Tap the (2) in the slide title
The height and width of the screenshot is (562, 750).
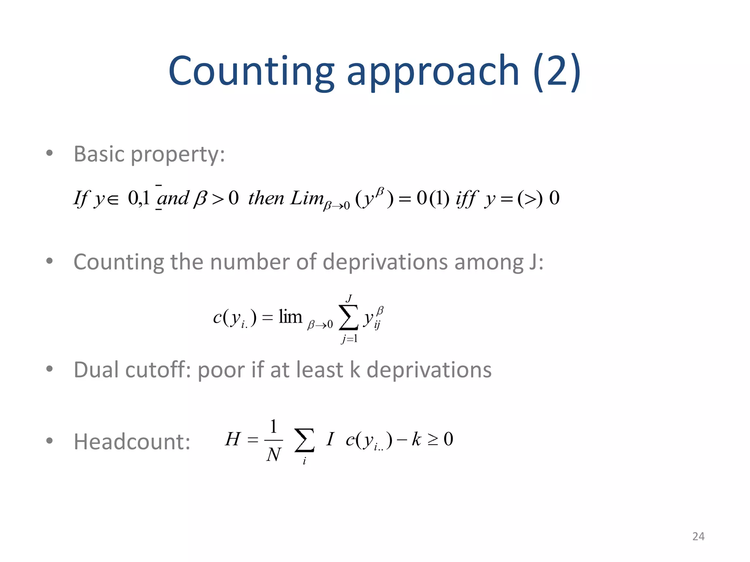pyautogui.click(x=557, y=71)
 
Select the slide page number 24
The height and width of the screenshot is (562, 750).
pyautogui.click(x=698, y=536)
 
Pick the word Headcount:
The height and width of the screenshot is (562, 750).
pyautogui.click(x=132, y=442)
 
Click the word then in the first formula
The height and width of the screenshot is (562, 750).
pyautogui.click(x=266, y=198)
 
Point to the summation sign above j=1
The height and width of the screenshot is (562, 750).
pyautogui.click(x=348, y=317)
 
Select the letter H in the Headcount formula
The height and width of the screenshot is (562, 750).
pyautogui.click(x=233, y=439)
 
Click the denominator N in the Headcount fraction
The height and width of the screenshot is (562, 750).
pyautogui.click(x=274, y=455)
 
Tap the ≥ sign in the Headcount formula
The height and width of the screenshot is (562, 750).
pyautogui.click(x=433, y=439)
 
